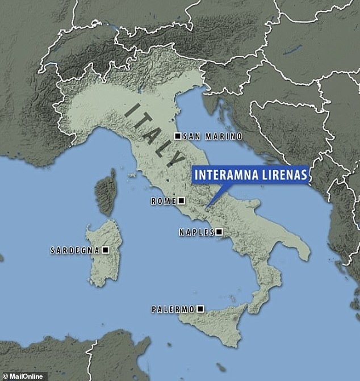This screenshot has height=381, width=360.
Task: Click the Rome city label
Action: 163,201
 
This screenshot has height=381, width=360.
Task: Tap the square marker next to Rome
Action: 181,201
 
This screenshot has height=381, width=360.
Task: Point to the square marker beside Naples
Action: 219,232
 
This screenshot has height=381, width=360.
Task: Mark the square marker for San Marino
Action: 178,137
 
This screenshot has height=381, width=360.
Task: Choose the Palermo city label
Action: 173,309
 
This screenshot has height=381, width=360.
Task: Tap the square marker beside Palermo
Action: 199,309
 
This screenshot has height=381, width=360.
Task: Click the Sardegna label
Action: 74,250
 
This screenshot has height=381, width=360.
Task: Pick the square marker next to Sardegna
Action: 104,250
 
